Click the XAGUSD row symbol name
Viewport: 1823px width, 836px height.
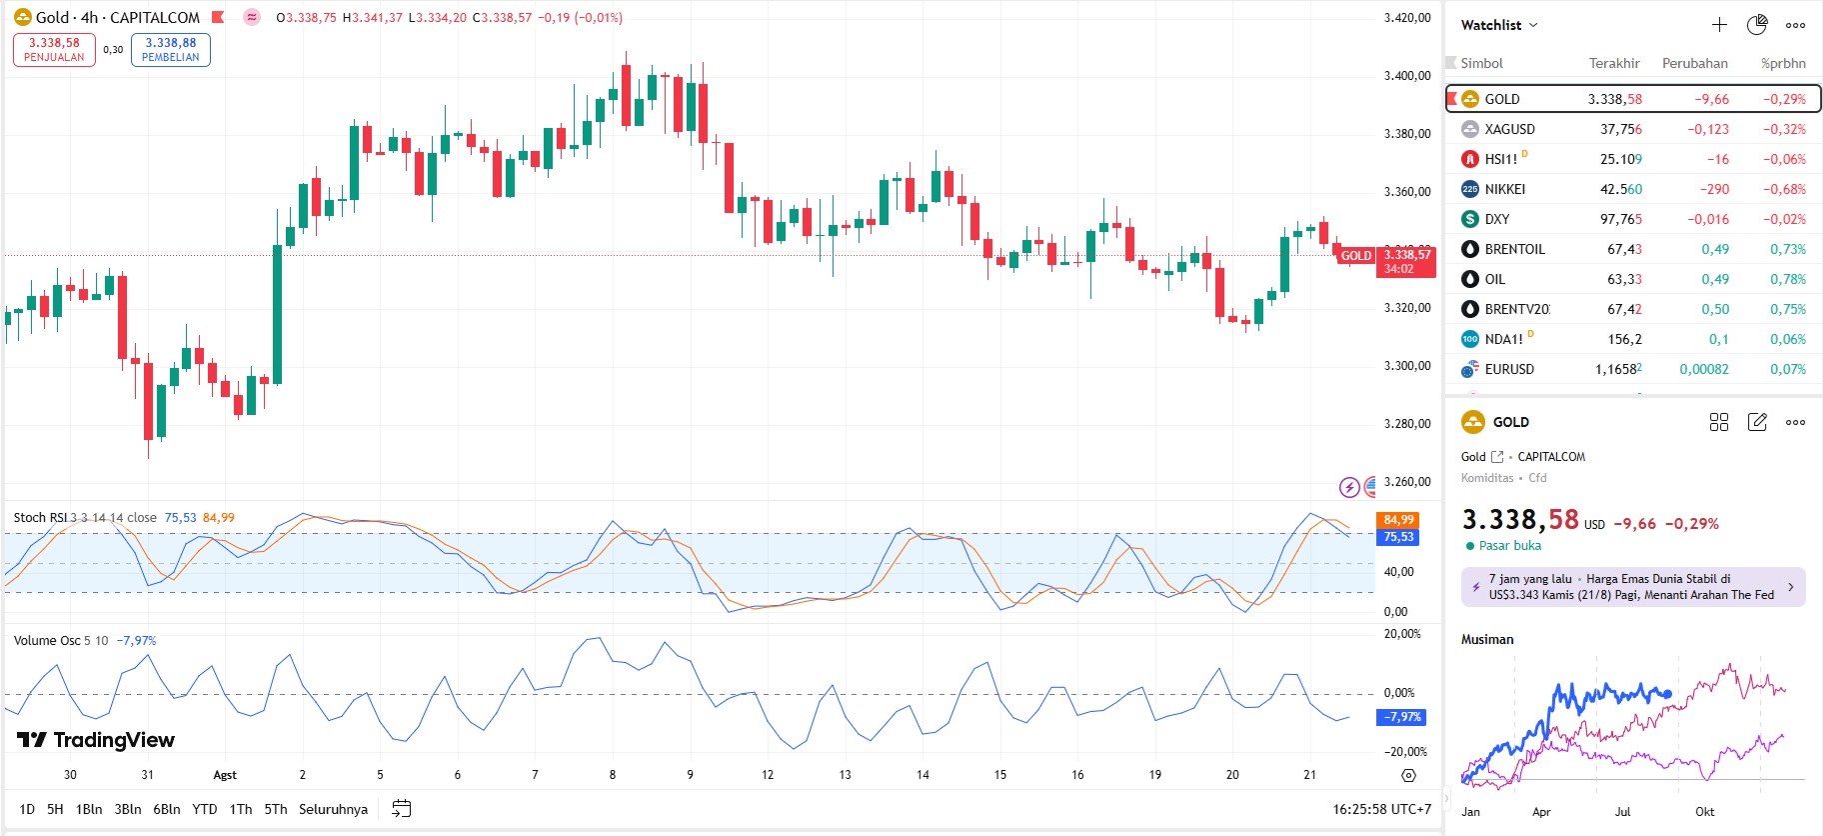click(1509, 129)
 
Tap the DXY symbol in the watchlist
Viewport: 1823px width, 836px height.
click(1497, 219)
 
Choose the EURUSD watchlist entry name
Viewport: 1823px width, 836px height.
click(1509, 369)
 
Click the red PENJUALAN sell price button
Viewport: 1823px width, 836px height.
click(54, 50)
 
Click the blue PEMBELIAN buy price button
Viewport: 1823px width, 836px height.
click(171, 50)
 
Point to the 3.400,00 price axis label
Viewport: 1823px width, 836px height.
click(1406, 76)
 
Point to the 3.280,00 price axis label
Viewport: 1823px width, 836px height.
click(1406, 424)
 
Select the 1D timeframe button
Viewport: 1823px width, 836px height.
click(27, 809)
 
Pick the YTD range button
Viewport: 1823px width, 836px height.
click(205, 809)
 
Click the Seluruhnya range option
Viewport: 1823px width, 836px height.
click(333, 809)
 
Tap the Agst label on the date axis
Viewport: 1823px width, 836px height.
click(225, 775)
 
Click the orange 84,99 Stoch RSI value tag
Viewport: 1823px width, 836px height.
click(1398, 520)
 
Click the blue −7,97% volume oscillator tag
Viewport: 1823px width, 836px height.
click(1402, 717)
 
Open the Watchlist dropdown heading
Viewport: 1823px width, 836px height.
click(1498, 25)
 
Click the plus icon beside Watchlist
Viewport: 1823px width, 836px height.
click(1719, 25)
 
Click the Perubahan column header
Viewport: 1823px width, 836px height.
click(1694, 63)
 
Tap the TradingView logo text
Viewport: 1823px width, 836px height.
click(97, 740)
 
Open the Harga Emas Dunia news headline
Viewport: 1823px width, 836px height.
click(1632, 587)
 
